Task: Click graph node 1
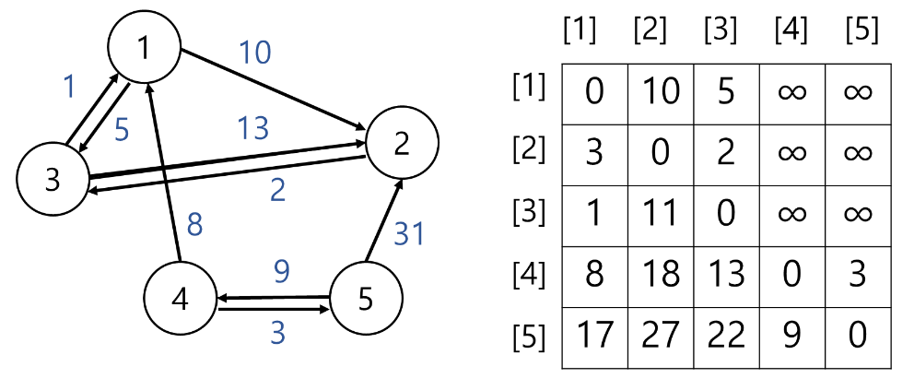click(144, 49)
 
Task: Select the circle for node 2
click(403, 144)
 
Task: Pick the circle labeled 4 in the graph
click(181, 299)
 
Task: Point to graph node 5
click(366, 298)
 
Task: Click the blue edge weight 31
click(408, 234)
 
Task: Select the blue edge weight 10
click(255, 53)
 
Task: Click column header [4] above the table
click(791, 30)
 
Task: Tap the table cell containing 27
click(660, 334)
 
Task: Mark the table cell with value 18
click(660, 274)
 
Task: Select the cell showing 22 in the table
click(725, 334)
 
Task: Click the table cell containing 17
click(594, 334)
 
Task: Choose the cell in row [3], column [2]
click(660, 213)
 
